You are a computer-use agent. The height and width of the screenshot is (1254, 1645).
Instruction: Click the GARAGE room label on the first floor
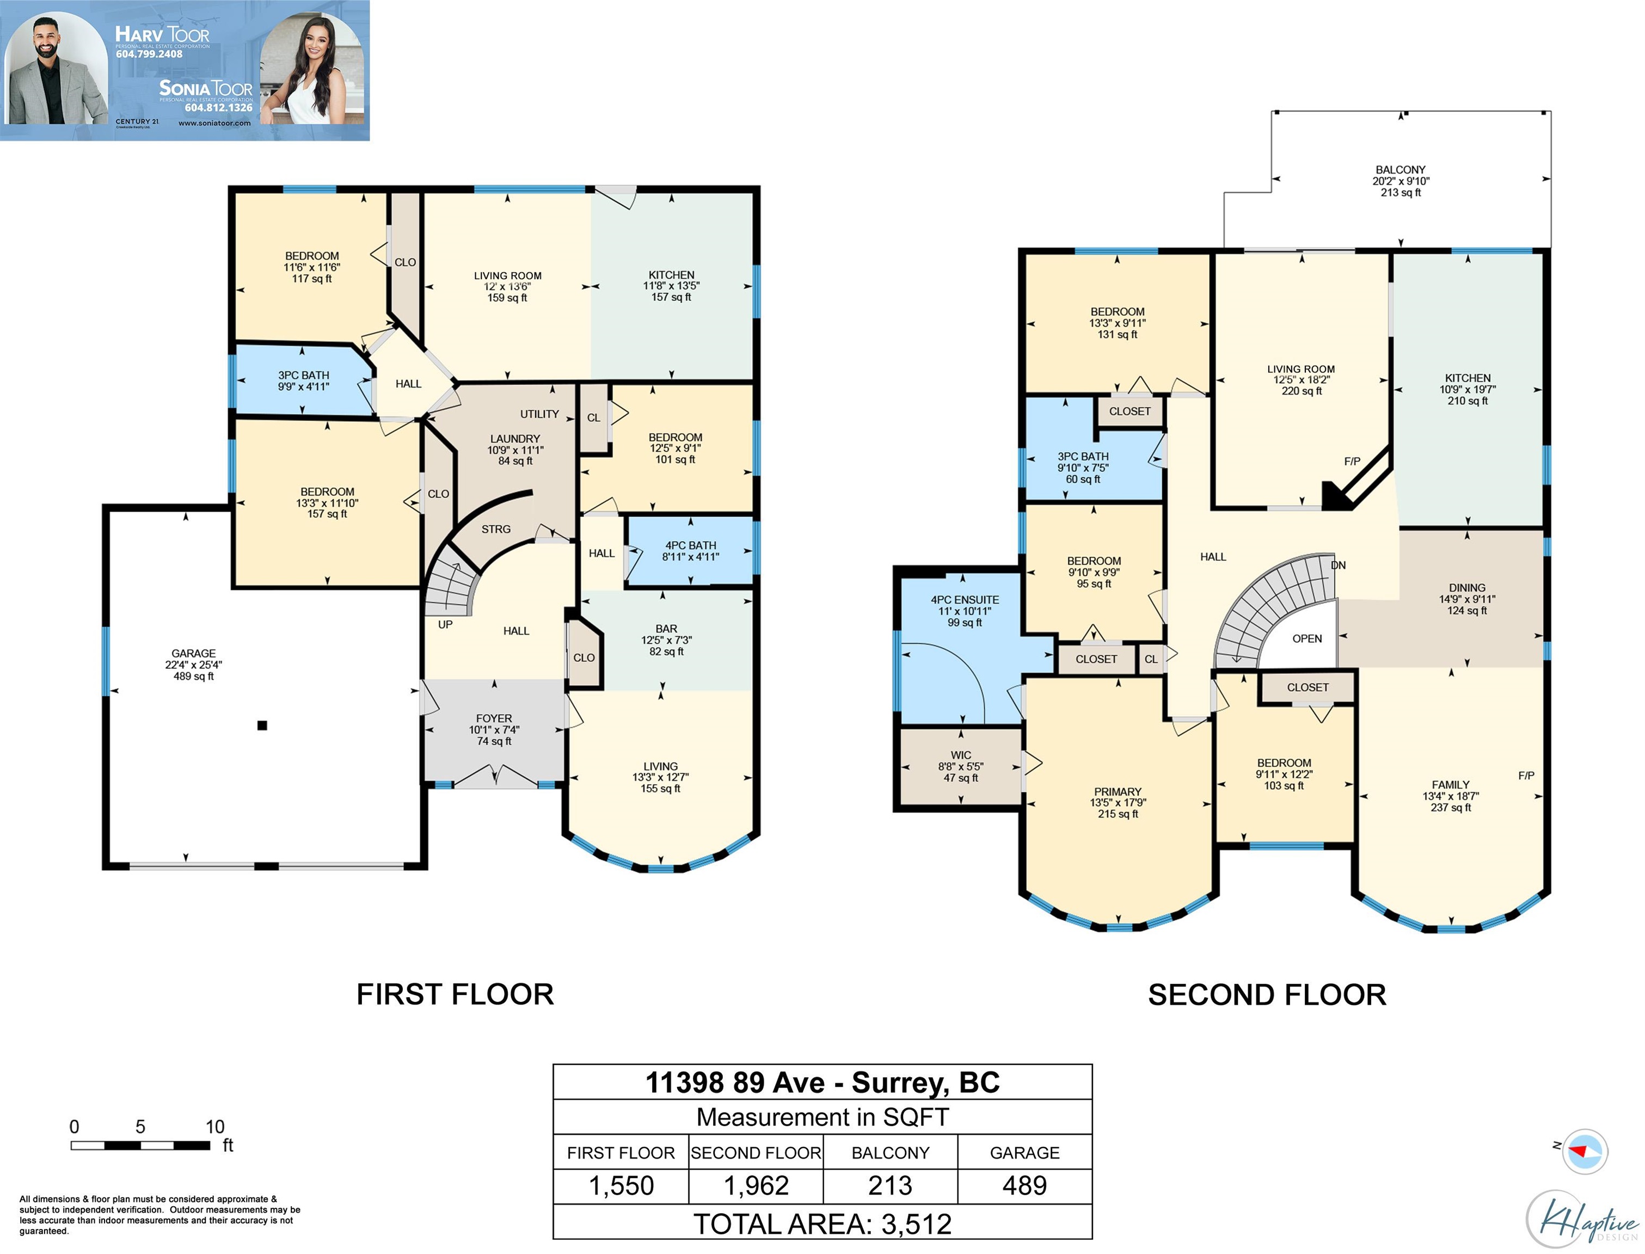[x=193, y=653]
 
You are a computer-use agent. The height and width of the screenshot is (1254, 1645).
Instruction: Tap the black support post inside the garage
[x=262, y=726]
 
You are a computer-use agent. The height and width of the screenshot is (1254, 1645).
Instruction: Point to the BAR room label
[x=666, y=629]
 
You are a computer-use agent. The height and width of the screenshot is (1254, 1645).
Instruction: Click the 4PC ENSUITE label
[x=965, y=599]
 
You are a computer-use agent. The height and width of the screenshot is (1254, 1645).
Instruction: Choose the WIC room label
[x=961, y=755]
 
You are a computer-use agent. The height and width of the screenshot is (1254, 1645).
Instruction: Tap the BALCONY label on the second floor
[x=1400, y=169]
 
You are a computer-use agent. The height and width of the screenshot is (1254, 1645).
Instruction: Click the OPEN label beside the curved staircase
[x=1307, y=638]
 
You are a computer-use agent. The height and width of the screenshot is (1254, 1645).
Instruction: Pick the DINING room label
[x=1466, y=587]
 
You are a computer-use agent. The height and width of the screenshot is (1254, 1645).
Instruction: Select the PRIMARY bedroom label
[x=1118, y=791]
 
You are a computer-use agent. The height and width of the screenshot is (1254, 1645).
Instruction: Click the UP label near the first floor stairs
[x=445, y=624]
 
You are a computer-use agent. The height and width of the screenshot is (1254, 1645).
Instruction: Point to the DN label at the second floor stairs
[x=1338, y=565]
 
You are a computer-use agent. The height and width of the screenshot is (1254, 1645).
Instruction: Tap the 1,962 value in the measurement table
[x=756, y=1185]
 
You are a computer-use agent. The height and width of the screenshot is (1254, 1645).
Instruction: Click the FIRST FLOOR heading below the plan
[x=455, y=994]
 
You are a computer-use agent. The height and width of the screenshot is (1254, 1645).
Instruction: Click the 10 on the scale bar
[x=215, y=1126]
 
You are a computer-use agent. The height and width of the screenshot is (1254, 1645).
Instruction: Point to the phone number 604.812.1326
[x=219, y=107]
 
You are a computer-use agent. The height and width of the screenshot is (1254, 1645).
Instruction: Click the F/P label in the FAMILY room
[x=1526, y=776]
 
